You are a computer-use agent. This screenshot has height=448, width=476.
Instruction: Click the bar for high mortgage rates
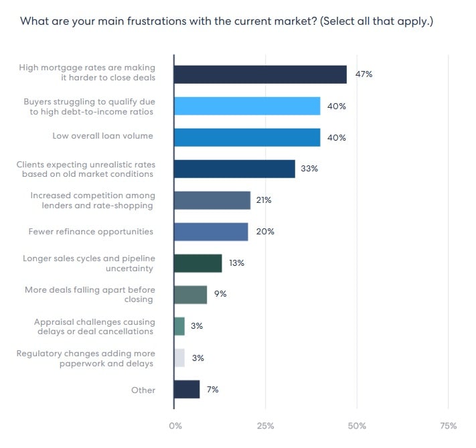tap(260, 74)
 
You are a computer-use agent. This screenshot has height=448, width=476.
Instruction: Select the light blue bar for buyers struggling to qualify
tap(247, 106)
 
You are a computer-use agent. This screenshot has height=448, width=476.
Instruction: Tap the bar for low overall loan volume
tap(247, 137)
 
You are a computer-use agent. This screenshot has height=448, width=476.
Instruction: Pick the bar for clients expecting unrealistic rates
tap(234, 169)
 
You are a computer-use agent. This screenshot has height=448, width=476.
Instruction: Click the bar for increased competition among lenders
tap(212, 200)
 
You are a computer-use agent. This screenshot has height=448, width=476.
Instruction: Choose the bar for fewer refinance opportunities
tap(211, 232)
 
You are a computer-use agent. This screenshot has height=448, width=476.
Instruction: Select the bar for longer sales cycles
tap(197, 263)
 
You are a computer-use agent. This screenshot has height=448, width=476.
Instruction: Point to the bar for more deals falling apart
tap(190, 295)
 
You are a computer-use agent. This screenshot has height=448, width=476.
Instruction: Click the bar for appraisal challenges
tap(179, 326)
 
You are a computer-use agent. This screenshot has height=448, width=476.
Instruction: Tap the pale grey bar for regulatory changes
tap(179, 358)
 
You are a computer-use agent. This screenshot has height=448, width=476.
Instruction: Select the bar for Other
tap(187, 389)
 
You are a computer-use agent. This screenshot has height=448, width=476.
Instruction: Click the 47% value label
tap(364, 74)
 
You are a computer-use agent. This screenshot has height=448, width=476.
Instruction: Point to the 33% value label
tap(309, 169)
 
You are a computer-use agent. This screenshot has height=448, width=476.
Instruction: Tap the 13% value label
tap(236, 263)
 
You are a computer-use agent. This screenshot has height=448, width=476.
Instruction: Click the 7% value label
tap(212, 389)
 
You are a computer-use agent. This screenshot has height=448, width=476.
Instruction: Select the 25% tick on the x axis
tap(266, 426)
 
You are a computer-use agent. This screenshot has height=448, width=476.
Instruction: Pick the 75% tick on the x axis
tap(448, 426)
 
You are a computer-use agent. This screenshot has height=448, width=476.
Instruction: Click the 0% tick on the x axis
tap(175, 426)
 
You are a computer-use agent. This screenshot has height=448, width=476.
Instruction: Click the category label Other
tap(143, 390)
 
